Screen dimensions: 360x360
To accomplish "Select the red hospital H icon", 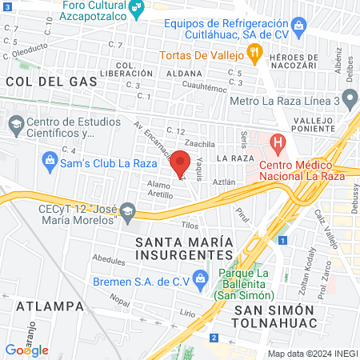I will tap(278, 145).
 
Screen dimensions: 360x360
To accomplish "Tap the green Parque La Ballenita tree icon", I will tap(226, 275).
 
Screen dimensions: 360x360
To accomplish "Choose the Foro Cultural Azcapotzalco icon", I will tap(138, 10).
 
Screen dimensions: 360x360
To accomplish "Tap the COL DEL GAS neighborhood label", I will tap(51, 82).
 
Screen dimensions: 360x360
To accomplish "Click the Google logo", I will tap(26, 350).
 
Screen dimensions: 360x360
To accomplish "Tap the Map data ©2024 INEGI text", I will tap(312, 354).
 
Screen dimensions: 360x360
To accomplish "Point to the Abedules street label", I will tap(109, 260).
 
